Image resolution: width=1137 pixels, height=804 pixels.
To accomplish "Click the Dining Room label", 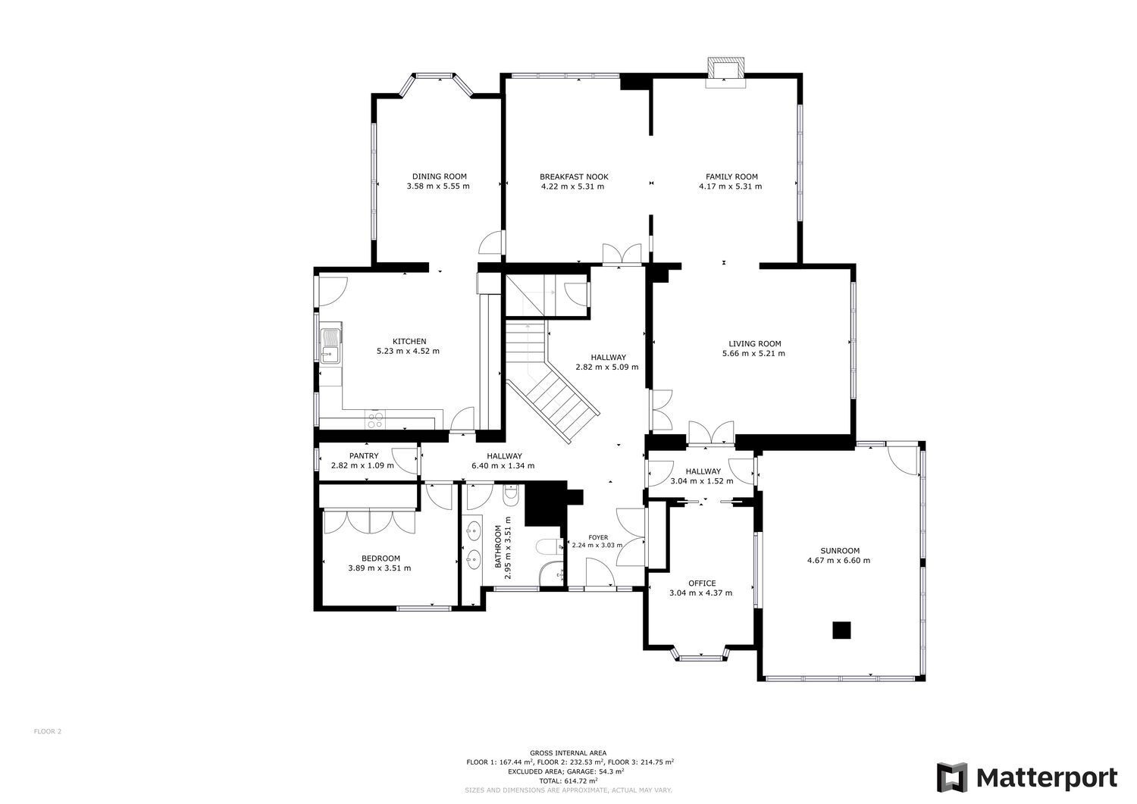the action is tap(439, 177).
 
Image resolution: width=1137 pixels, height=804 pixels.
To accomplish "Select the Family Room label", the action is tap(731, 177).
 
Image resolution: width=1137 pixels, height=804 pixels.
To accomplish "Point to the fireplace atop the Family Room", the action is tap(725, 73).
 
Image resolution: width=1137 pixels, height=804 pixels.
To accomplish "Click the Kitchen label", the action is tap(409, 341).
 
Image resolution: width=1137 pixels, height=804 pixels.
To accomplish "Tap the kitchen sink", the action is tap(331, 346).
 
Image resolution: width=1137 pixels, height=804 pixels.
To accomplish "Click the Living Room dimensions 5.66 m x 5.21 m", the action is tap(753, 353).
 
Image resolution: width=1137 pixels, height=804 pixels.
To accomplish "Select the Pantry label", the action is tap(363, 456).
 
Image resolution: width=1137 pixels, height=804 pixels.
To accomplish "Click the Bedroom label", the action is tap(381, 558).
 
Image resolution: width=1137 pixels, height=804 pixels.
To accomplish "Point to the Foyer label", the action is tap(598, 537).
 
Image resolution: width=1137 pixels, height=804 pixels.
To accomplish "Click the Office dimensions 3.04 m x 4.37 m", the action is tap(700, 593).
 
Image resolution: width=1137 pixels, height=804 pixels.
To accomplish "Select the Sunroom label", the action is tap(840, 551).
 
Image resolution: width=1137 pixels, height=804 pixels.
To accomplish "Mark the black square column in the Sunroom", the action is tap(841, 630).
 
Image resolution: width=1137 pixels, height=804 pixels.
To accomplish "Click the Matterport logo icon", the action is tap(952, 777).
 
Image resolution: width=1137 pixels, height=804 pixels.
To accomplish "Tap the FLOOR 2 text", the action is tap(47, 731).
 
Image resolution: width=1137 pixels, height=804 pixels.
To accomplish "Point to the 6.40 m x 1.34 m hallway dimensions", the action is tap(503, 465).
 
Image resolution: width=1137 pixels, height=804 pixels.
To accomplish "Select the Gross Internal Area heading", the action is tap(568, 753).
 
